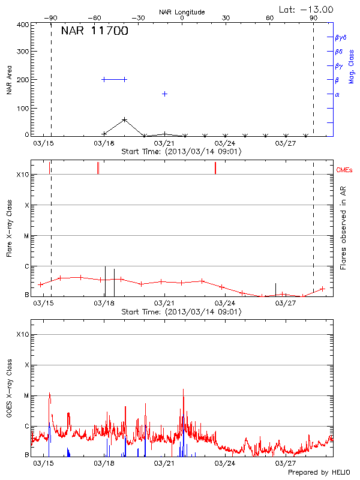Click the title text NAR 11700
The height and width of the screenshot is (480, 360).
click(94, 32)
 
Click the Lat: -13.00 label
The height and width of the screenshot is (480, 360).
click(307, 9)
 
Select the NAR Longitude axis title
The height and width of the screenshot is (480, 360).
click(182, 12)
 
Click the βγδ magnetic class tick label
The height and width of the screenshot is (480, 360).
click(340, 37)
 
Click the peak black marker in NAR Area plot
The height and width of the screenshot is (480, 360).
click(124, 120)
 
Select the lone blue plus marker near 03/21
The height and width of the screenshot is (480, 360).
click(164, 94)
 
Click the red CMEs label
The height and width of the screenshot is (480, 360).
click(344, 170)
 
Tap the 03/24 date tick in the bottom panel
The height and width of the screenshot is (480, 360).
click(224, 463)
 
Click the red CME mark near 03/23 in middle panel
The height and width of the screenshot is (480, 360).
click(215, 168)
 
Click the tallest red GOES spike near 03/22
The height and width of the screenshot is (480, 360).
click(183, 390)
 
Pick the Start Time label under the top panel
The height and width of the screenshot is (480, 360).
click(181, 152)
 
